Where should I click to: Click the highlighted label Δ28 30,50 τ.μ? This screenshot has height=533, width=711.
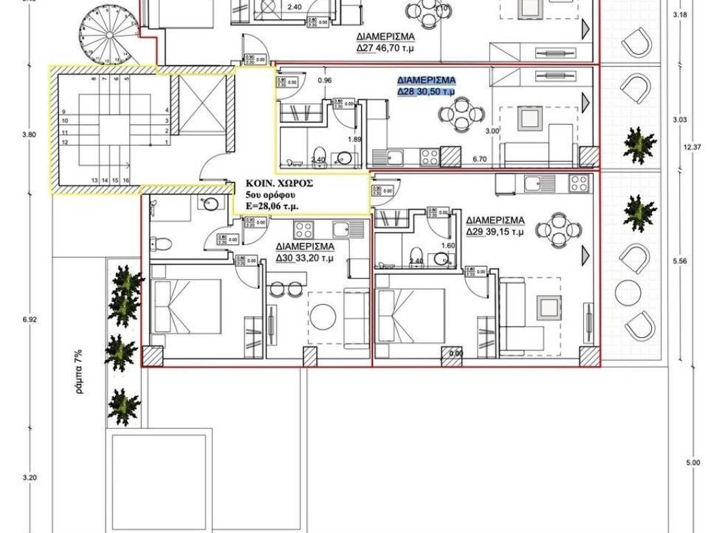[426, 91]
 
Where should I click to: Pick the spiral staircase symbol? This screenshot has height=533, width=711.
[110, 31]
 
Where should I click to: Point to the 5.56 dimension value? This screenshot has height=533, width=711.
[679, 262]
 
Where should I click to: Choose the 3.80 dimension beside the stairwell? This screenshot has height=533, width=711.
[28, 135]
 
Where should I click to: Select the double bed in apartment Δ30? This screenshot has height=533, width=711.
[187, 310]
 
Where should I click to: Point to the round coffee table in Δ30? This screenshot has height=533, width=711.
[325, 318]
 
